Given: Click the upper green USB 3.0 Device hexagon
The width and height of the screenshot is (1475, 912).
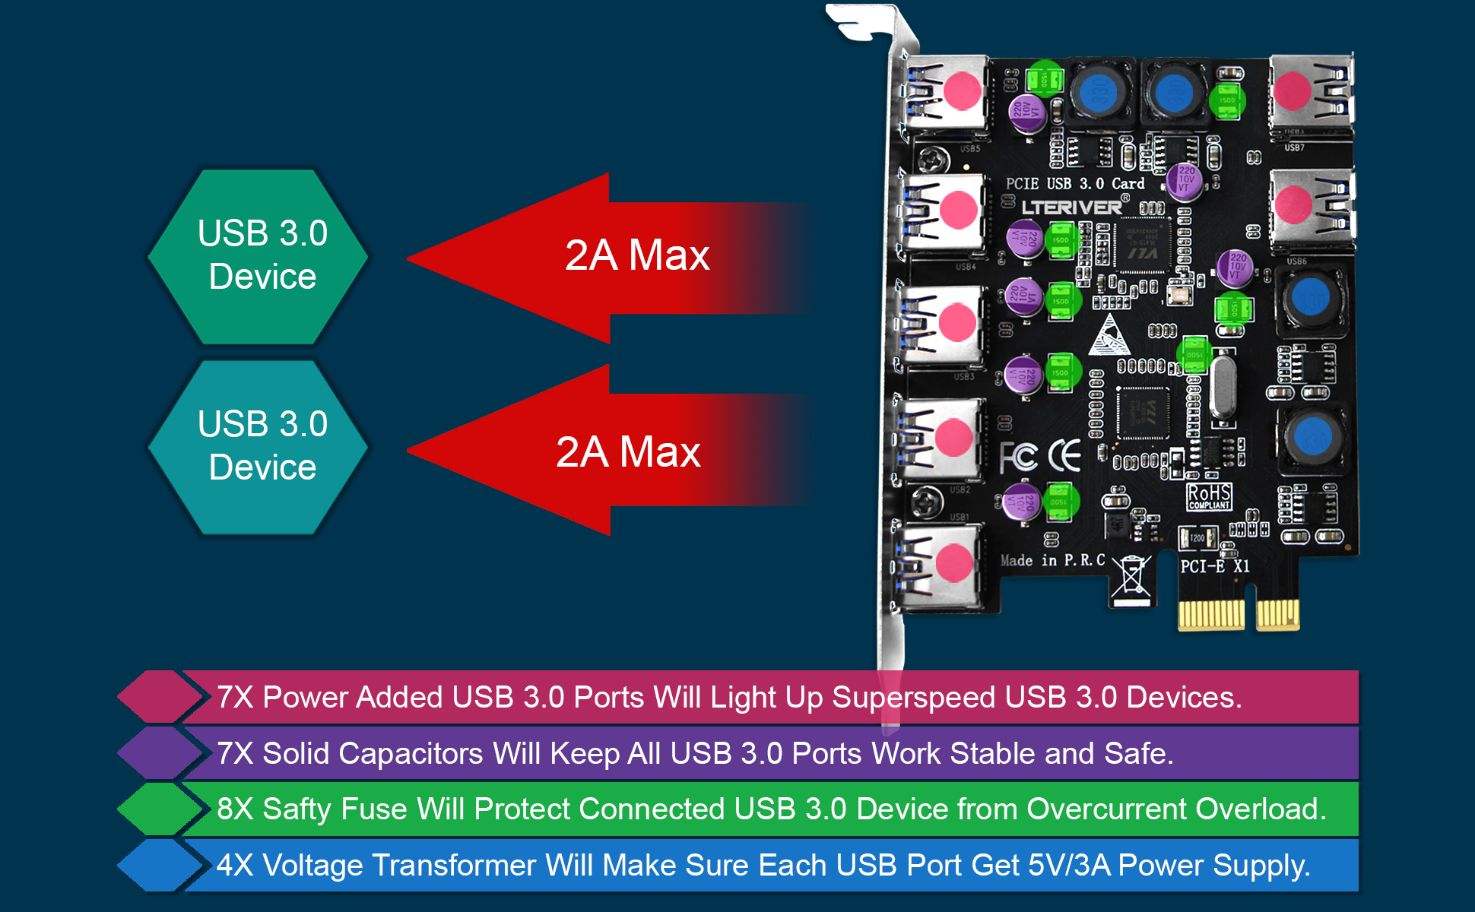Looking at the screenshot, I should coord(259,256).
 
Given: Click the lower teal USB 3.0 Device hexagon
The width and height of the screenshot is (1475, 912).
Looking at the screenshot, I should coord(259,447).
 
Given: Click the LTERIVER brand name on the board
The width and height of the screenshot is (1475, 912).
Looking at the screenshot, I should coord(1071,207).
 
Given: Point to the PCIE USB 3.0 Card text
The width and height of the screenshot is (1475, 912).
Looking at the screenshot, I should coord(1074,184).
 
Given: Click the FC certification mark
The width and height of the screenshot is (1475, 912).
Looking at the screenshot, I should coord(1018,457).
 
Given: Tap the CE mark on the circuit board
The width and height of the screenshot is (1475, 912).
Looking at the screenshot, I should coord(1064,455).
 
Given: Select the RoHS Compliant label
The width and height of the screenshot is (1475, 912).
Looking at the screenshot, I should coord(1209,496).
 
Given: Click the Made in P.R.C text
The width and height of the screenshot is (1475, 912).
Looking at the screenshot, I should coord(1052,561).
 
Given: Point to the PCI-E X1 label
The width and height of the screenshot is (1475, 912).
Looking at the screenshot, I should coord(1214,566).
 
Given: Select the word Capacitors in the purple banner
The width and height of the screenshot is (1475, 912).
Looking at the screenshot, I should coord(411,754).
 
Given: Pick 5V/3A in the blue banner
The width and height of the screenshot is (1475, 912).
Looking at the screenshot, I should coord(1069,866).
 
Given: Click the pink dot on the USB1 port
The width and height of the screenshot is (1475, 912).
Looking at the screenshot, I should coord(953,563).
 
